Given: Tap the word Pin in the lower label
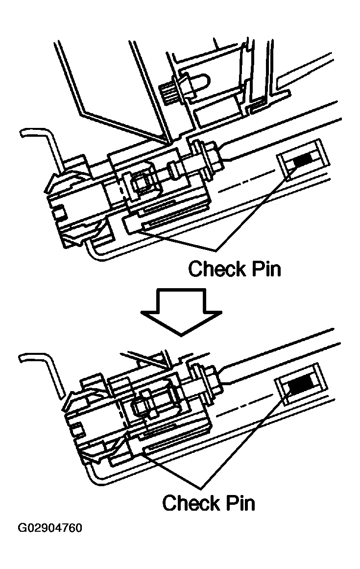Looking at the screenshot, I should [239, 502].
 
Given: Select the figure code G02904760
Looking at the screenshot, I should [50, 528].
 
